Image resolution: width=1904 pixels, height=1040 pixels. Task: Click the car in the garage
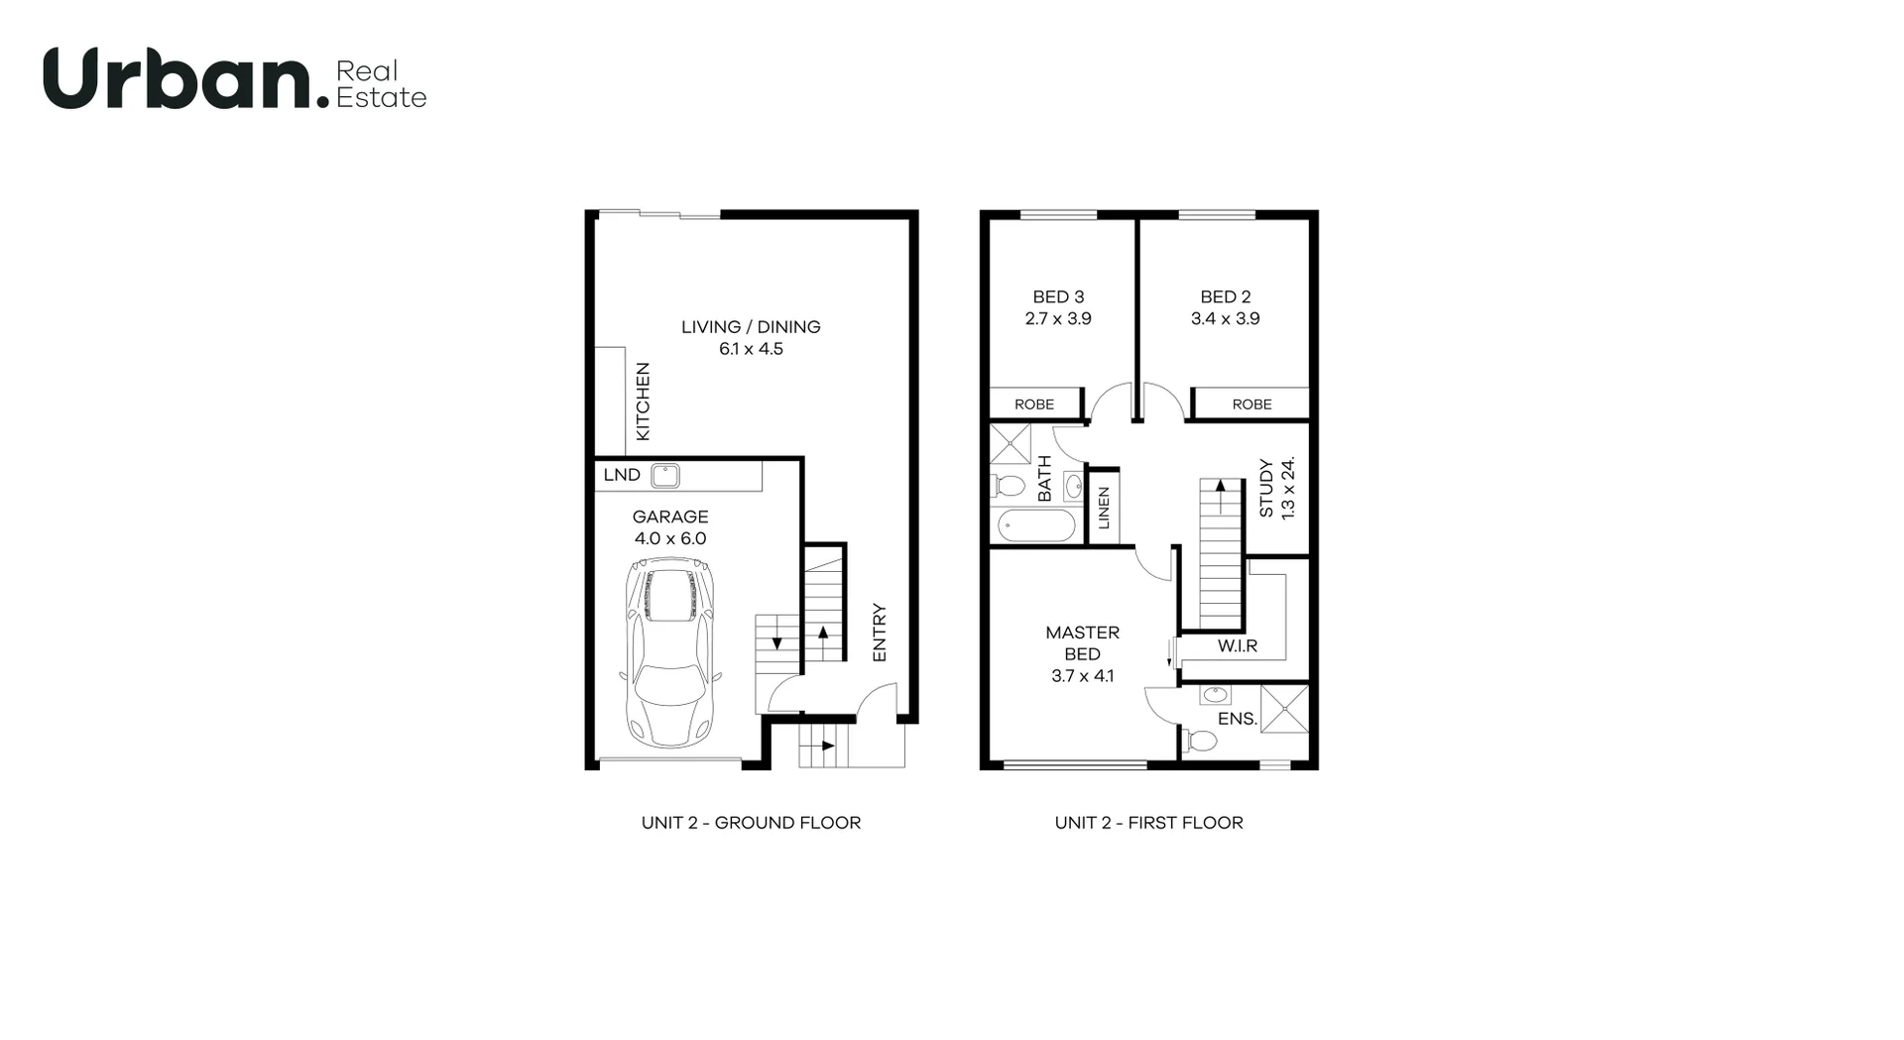tap(669, 652)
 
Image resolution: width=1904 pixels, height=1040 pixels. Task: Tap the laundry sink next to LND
tap(664, 476)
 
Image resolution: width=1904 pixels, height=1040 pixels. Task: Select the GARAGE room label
tap(670, 517)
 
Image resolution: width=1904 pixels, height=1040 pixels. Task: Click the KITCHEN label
tap(643, 402)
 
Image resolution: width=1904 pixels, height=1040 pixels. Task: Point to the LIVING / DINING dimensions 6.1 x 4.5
tap(751, 349)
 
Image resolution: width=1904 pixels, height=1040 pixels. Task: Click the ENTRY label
tap(879, 633)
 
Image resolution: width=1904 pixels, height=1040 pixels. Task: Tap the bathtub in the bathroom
tap(1035, 524)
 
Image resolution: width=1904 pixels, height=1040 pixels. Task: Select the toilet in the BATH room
tap(1009, 487)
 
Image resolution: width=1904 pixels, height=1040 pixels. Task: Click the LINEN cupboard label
tap(1104, 509)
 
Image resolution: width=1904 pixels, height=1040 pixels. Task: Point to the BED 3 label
tap(1058, 296)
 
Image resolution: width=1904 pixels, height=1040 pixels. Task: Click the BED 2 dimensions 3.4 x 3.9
tap(1225, 319)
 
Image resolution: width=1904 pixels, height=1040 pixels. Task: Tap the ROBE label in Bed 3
tap(1034, 404)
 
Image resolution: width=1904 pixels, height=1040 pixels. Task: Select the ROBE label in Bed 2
tap(1251, 404)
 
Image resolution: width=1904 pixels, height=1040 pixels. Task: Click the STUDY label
tap(1266, 488)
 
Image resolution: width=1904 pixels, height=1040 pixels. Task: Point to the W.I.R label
tap(1238, 646)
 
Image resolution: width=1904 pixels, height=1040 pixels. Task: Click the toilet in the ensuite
tap(1201, 741)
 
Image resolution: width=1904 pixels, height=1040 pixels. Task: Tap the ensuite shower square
tap(1285, 708)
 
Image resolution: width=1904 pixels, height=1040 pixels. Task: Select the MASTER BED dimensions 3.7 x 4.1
tap(1082, 676)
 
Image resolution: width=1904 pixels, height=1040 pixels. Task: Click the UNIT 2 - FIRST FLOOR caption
tap(1148, 823)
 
